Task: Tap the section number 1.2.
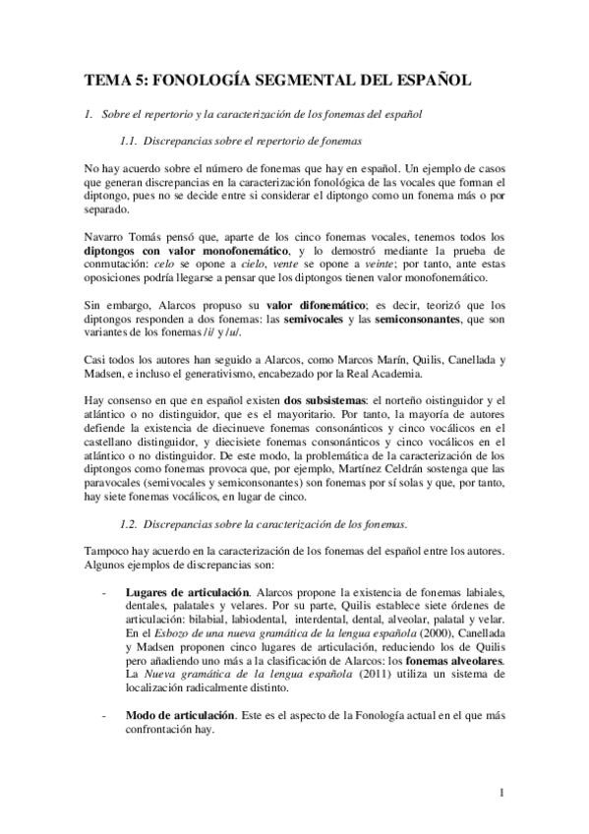click(x=128, y=522)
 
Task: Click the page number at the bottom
click(x=501, y=793)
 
